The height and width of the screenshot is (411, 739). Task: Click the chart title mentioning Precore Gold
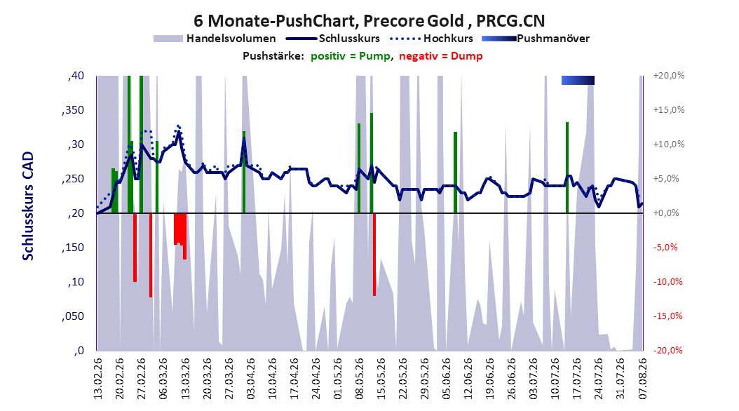click(369, 21)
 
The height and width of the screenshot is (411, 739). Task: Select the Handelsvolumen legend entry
click(215, 39)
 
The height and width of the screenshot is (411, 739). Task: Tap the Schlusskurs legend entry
click(333, 39)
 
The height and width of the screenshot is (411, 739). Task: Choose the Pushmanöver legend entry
click(536, 39)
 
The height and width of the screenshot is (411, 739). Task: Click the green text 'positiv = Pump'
click(351, 56)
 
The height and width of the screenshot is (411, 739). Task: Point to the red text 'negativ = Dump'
click(441, 56)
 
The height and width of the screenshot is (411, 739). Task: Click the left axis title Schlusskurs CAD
click(28, 206)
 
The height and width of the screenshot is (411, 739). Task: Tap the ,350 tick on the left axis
click(73, 110)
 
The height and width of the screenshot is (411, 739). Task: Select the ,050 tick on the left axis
click(73, 316)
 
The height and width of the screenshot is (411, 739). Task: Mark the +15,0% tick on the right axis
click(669, 110)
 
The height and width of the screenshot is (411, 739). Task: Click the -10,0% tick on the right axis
click(667, 282)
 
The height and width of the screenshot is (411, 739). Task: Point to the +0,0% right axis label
click(666, 213)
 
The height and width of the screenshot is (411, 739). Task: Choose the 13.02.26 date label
click(98, 379)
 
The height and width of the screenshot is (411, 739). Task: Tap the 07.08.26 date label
click(642, 379)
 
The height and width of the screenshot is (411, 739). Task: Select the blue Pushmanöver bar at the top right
click(578, 80)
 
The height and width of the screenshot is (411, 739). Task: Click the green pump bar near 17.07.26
click(567, 168)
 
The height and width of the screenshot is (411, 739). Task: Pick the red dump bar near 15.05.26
click(374, 255)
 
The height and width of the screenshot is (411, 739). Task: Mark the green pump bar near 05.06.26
click(455, 173)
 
